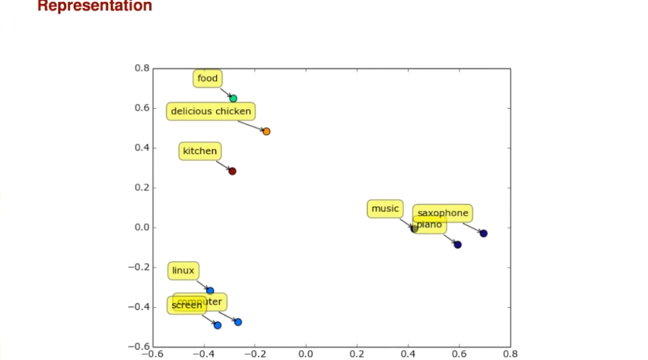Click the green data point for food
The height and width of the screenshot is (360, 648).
pos(234,99)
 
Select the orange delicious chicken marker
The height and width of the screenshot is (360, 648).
pos(267,132)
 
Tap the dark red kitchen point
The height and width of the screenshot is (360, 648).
pos(232,172)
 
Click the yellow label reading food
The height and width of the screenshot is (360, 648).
pos(208,78)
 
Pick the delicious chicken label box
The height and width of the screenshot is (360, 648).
pos(211,111)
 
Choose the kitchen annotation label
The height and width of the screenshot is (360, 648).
pos(200,151)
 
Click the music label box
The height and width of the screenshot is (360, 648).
pos(385,209)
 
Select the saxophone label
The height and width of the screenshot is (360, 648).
pos(443,213)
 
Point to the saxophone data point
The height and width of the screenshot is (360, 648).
pos(483,234)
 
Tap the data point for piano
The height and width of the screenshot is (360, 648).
pos(458,245)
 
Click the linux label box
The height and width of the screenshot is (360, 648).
pos(183,271)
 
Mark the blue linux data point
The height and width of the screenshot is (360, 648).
pos(210,291)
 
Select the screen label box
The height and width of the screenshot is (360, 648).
pos(186,305)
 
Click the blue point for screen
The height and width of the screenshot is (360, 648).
pos(217,326)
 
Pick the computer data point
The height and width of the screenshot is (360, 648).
pos(238,322)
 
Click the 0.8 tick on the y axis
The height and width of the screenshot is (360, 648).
pos(142,68)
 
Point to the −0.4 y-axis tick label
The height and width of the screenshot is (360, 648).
pos(138,307)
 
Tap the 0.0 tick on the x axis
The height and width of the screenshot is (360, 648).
pos(306,353)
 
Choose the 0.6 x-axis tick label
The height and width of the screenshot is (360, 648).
pos(459,353)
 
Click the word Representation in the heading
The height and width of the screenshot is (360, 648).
pos(94,6)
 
